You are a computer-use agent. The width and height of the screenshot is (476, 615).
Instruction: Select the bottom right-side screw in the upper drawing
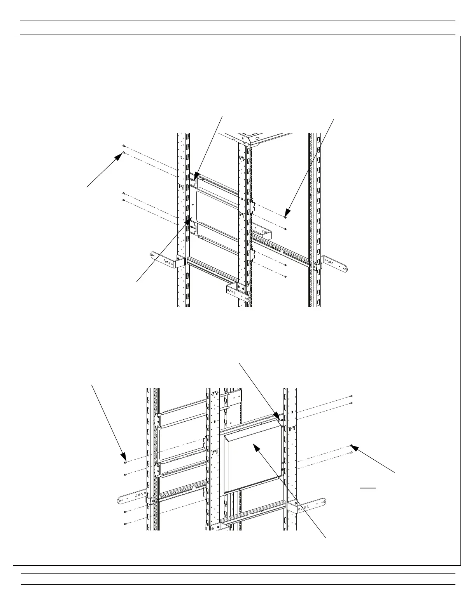click(x=285, y=276)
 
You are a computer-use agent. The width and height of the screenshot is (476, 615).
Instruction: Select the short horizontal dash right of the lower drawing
click(x=367, y=487)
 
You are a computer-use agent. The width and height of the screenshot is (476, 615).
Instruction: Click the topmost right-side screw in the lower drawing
click(x=351, y=396)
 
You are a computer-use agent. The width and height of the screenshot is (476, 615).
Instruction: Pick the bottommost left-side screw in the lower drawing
click(x=126, y=524)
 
